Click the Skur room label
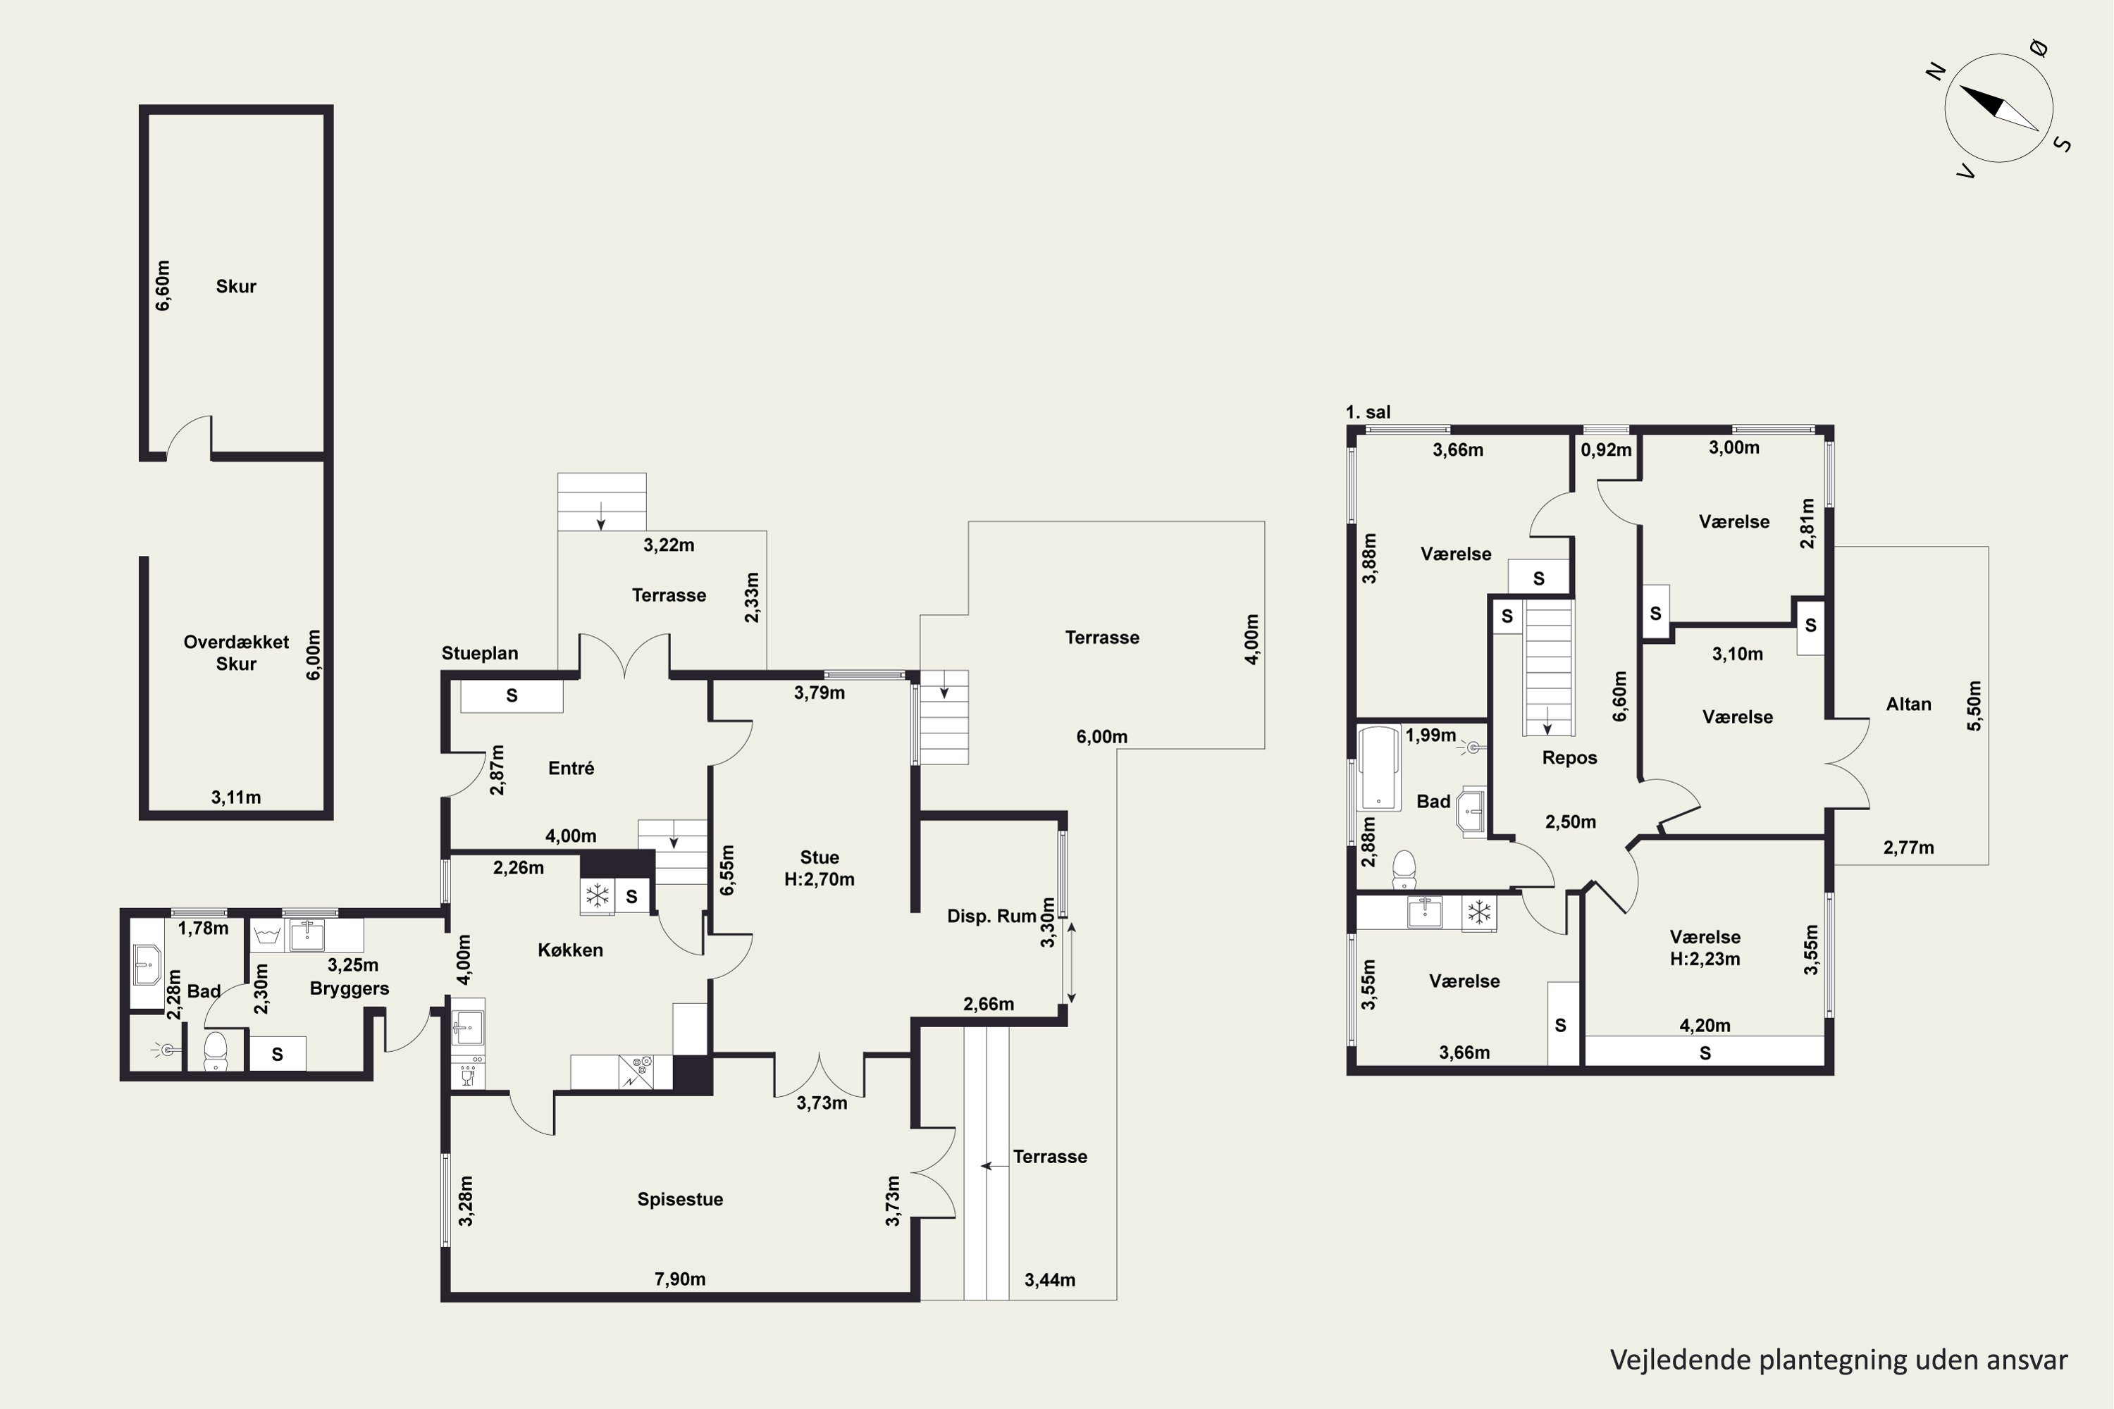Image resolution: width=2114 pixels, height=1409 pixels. click(x=235, y=287)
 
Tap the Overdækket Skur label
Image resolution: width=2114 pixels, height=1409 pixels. click(x=236, y=653)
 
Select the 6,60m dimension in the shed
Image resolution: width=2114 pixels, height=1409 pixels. click(x=163, y=286)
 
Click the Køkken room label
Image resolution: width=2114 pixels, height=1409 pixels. click(x=570, y=950)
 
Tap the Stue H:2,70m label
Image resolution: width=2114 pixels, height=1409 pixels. click(x=819, y=868)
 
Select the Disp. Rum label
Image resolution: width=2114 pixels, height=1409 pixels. click(x=991, y=917)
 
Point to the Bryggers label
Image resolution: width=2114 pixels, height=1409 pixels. click(x=349, y=989)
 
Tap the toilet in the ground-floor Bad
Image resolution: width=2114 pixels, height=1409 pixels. click(x=215, y=1050)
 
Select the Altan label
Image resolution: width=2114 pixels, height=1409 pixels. click(x=1908, y=704)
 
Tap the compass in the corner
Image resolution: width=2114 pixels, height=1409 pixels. click(x=2000, y=108)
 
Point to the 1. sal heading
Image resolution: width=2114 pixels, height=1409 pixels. click(x=1367, y=412)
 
